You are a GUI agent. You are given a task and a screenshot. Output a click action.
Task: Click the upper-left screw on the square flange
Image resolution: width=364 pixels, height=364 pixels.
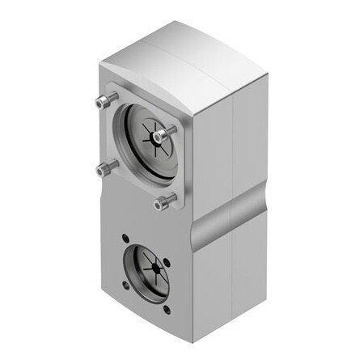click(100, 102)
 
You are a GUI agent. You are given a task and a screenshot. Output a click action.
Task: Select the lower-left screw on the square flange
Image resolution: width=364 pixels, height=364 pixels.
click(102, 169)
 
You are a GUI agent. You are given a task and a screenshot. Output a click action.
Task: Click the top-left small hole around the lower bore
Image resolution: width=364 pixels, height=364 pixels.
click(125, 239)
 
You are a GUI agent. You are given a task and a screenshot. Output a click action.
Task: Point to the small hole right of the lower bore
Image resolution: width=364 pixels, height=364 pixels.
click(167, 260)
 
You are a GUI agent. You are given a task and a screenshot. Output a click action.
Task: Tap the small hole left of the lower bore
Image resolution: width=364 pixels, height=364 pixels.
click(125, 285)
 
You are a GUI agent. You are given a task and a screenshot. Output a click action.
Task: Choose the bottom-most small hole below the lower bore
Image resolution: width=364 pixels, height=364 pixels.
click(167, 310)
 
